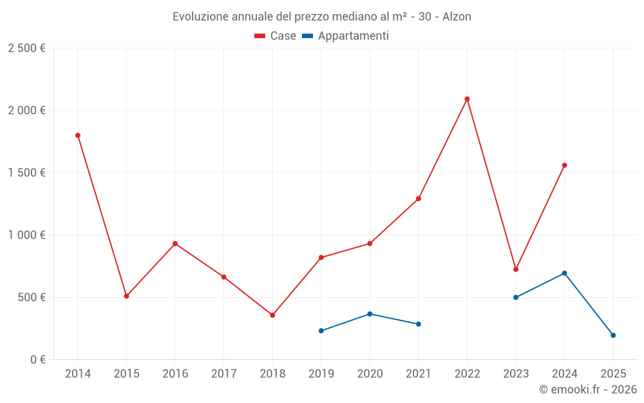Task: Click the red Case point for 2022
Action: click(467, 99)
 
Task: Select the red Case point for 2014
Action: click(78, 135)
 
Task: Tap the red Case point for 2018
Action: click(272, 315)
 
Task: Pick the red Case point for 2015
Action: click(126, 296)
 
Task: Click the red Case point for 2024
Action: click(564, 165)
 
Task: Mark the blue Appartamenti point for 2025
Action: click(613, 335)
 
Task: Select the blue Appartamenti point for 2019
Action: click(321, 331)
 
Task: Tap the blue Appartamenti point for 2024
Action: click(564, 273)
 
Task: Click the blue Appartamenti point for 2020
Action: click(370, 314)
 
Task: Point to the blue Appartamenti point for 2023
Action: click(516, 297)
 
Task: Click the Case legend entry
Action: click(276, 36)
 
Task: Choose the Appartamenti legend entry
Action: click(346, 36)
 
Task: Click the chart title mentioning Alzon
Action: click(322, 17)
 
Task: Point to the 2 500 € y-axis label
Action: click(26, 48)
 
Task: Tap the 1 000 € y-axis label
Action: click(26, 235)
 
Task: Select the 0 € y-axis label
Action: click(35, 360)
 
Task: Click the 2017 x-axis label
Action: click(223, 374)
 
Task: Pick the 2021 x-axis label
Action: click(419, 374)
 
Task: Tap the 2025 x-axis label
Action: click(613, 374)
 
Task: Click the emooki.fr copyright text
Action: click(587, 389)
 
